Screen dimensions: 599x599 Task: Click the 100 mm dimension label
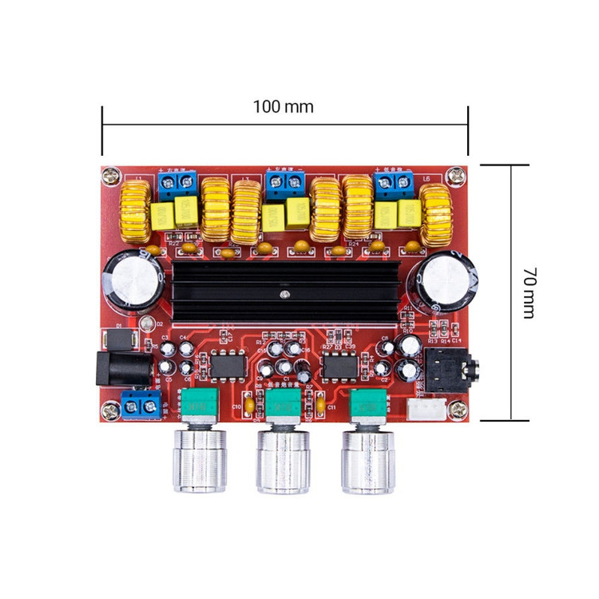(x=284, y=106)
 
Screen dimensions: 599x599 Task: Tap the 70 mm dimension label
(x=528, y=293)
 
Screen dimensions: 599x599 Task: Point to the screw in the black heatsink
(x=284, y=297)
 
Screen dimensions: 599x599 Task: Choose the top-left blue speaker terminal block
(x=178, y=186)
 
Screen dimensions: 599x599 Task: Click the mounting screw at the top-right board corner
(x=457, y=173)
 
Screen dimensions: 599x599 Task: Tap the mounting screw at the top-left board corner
(x=111, y=173)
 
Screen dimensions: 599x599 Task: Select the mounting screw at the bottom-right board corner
(x=457, y=408)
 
